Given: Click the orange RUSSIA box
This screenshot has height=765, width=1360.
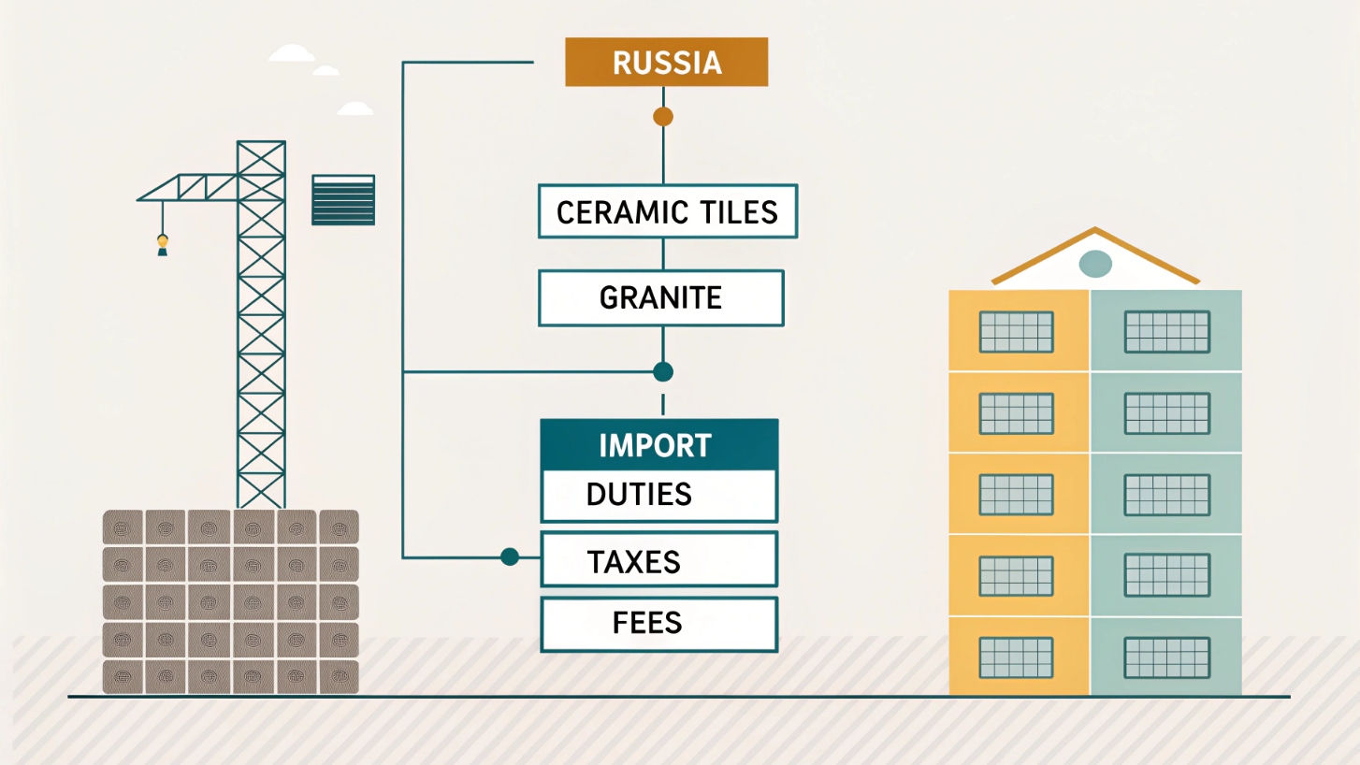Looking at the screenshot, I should click(x=666, y=63).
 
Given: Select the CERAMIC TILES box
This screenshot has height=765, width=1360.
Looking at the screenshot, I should click(x=667, y=211).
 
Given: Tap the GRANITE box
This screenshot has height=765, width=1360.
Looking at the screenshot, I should click(x=660, y=298).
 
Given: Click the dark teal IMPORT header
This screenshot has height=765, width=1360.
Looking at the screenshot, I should click(x=658, y=445).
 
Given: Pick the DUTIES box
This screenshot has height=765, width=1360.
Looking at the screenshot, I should click(x=658, y=495).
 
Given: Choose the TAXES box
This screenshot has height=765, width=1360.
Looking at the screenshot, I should click(x=658, y=560).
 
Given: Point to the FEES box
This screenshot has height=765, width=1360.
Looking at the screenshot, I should click(x=658, y=623).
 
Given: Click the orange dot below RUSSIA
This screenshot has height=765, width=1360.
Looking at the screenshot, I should click(x=663, y=117).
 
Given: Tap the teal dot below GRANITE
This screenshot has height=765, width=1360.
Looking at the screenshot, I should click(x=663, y=372).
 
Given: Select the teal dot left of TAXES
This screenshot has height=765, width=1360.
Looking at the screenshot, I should click(x=510, y=557).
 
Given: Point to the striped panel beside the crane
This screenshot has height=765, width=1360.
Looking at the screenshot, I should click(x=343, y=199).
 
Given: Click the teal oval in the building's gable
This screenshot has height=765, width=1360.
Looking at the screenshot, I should click(x=1095, y=265).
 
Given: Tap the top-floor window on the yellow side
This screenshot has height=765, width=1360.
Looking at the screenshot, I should click(x=1017, y=332).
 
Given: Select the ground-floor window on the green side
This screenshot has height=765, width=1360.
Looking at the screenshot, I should click(x=1166, y=657).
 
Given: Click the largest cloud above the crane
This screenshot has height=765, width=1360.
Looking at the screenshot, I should click(x=292, y=53).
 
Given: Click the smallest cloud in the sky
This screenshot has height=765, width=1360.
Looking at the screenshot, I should click(x=326, y=71).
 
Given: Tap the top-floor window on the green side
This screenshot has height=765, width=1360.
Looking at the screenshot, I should click(x=1166, y=332).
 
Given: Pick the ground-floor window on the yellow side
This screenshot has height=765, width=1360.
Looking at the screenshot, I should click(x=1017, y=657).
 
